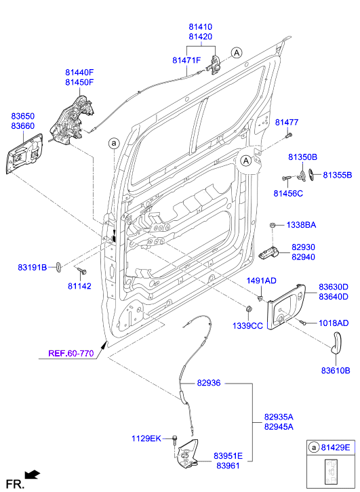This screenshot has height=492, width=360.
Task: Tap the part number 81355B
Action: [x=337, y=175]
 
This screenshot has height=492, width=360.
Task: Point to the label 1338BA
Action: [x=300, y=224]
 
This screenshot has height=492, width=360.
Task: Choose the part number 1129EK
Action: [x=146, y=438]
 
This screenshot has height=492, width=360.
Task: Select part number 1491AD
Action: [x=261, y=281]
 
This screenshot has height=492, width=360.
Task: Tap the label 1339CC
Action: [x=249, y=326]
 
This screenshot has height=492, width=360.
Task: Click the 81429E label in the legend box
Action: [x=336, y=448]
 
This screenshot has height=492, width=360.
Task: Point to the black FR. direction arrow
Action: [x=31, y=475]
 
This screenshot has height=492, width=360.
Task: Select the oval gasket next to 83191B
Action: [x=58, y=266]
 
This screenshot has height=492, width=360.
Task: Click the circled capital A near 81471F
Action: [x=236, y=52]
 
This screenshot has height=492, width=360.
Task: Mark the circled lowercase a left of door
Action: [x=114, y=143]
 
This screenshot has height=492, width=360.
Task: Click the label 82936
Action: [x=209, y=383]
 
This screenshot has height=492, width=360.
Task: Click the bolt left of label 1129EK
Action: [x=174, y=439]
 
